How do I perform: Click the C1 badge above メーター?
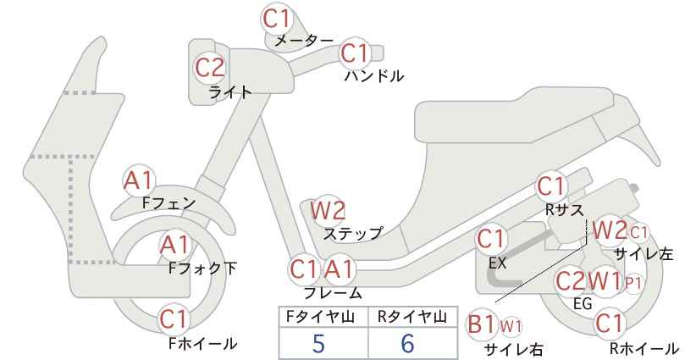[276, 19]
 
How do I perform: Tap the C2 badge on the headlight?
[210, 69]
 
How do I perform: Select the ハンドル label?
[374, 76]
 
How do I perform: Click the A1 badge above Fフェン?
[139, 181]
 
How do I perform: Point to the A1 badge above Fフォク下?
[175, 246]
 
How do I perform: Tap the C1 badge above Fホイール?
[175, 319]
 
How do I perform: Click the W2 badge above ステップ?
[328, 210]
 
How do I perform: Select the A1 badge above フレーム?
[340, 269]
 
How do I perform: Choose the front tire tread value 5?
[318, 344]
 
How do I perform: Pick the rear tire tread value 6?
[407, 344]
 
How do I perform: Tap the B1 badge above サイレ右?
[482, 325]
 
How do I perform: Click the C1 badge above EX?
[491, 240]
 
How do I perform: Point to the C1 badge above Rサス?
[551, 187]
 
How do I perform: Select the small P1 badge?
[633, 284]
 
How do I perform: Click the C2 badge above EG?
[571, 281]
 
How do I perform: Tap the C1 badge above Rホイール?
[610, 324]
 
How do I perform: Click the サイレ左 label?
[644, 254]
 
